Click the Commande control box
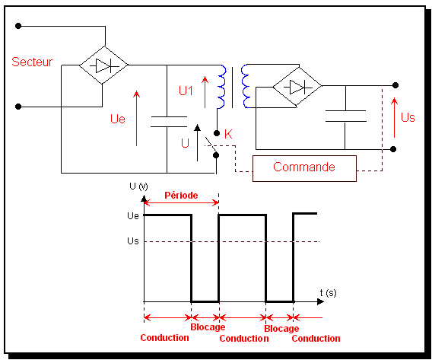304,168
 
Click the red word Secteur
32,62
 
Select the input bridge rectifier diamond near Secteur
103,65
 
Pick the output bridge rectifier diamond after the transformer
297,87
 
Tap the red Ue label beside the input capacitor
118,119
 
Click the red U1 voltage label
186,91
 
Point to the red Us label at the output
408,117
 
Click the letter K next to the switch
228,134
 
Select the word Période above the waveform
181,196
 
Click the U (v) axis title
138,186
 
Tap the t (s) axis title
328,292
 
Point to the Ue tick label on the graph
133,215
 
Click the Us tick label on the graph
133,241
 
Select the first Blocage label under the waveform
208,327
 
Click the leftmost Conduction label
164,338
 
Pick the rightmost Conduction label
316,339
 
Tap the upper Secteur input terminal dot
18,26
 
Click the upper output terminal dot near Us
395,85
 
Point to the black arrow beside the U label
197,143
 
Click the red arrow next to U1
205,92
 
